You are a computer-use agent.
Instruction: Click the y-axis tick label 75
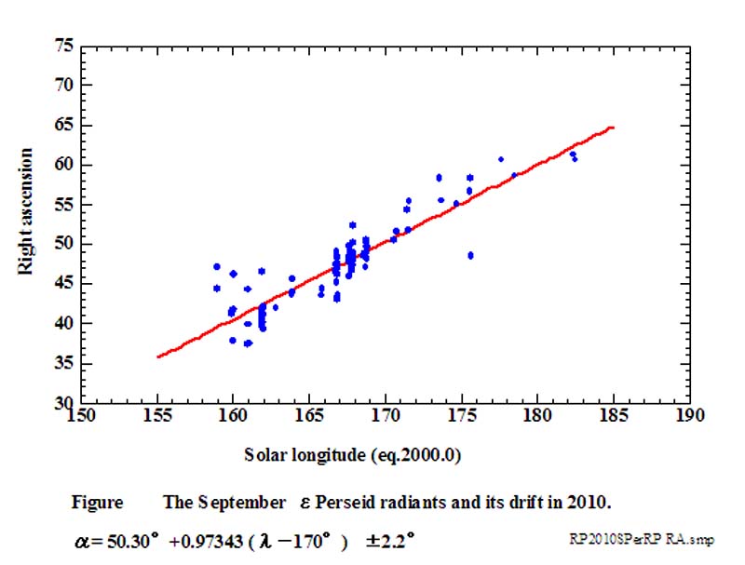pos(63,45)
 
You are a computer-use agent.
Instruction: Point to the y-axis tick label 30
pos(63,402)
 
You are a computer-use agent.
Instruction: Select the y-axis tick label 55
pos(63,204)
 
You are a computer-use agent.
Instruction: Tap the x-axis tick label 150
pos(81,416)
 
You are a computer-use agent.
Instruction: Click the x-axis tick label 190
pos(689,416)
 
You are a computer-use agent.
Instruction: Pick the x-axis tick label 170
pos(385,416)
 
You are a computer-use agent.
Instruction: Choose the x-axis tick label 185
pos(613,416)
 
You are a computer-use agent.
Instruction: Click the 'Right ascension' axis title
pos(27,210)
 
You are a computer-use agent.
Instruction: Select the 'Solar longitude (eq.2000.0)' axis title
pos(355,455)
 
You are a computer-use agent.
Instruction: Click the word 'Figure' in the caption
pos(97,503)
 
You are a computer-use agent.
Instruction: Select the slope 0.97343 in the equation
pos(221,539)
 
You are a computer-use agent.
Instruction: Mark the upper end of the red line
pos(613,127)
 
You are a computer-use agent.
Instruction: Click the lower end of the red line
pos(158,356)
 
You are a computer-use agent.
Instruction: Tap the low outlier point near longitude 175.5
pos(470,255)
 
